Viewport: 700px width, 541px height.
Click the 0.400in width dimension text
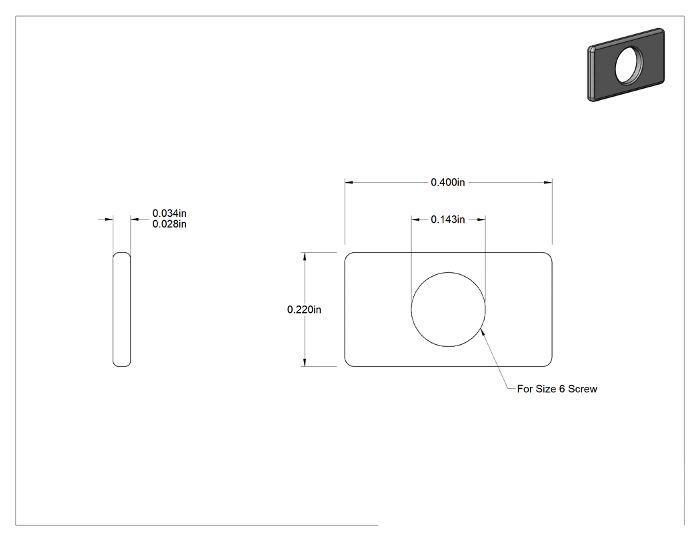pyautogui.click(x=448, y=182)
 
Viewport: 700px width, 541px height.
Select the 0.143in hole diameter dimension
pyautogui.click(x=448, y=219)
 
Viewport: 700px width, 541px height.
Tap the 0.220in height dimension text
pyautogui.click(x=304, y=310)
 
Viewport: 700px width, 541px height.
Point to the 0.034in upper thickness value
pyautogui.click(x=169, y=213)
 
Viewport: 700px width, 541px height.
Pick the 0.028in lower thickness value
pyautogui.click(x=169, y=224)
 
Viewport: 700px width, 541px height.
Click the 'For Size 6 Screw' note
pyautogui.click(x=557, y=389)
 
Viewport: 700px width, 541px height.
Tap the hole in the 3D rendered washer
pyautogui.click(x=629, y=65)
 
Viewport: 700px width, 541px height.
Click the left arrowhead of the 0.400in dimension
pyautogui.click(x=349, y=182)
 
